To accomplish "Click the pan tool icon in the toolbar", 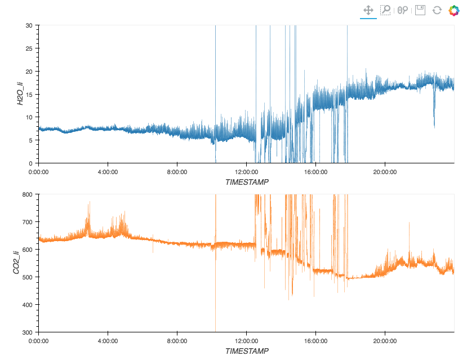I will click(368, 10).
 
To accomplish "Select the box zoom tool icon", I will click(385, 10).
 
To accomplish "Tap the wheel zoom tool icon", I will click(402, 10).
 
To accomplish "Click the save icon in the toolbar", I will click(420, 10).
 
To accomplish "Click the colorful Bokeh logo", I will click(454, 10).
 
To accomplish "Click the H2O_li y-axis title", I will click(20, 94).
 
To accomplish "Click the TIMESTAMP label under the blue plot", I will click(247, 182).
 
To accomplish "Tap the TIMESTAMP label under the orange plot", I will click(247, 351).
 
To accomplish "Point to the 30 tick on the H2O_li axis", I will click(28, 25).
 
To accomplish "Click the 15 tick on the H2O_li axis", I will click(28, 94).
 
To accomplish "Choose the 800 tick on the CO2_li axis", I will click(26, 194).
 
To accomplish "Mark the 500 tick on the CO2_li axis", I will click(26, 277).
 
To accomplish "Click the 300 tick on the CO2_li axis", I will click(26, 332).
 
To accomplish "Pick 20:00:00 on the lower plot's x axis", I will click(385, 340).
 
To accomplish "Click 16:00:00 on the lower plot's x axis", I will click(315, 340).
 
